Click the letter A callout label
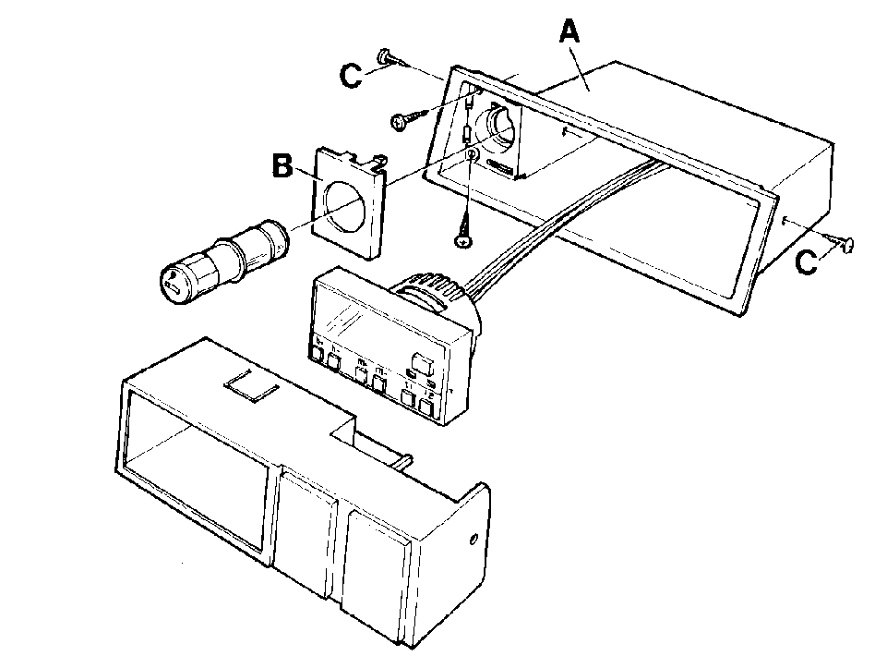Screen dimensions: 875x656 click(x=569, y=31)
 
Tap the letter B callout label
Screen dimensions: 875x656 click(x=282, y=166)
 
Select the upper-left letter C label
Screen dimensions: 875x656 click(x=351, y=76)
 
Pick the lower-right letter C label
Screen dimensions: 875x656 click(x=806, y=261)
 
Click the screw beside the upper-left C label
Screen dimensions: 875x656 click(x=394, y=58)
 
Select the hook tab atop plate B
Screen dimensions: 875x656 click(x=378, y=162)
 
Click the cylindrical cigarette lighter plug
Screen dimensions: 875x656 click(x=223, y=262)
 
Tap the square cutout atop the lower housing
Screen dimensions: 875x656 click(x=252, y=385)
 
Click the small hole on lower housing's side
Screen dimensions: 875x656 click(x=473, y=540)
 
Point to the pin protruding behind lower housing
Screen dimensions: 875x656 click(x=405, y=460)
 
